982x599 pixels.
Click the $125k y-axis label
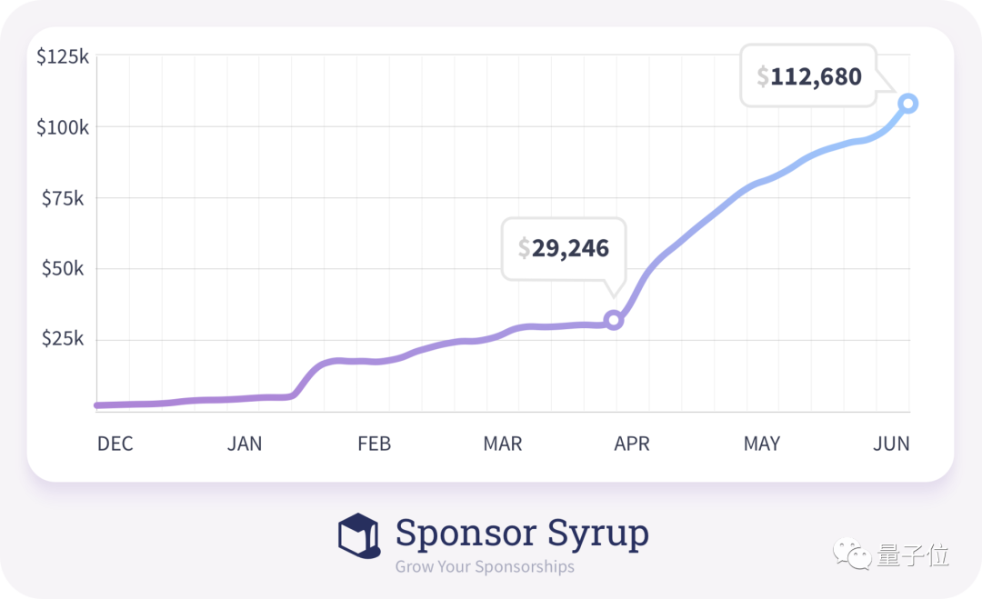click(x=62, y=57)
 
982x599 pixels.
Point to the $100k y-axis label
click(x=62, y=127)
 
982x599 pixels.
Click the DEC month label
click(x=115, y=444)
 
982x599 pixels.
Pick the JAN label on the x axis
click(x=244, y=444)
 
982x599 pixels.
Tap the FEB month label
click(x=374, y=444)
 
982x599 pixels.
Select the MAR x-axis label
click(x=503, y=444)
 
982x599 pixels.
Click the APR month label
click(x=632, y=444)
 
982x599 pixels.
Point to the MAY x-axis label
click(x=762, y=444)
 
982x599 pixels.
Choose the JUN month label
click(x=891, y=444)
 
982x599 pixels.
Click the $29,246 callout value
click(x=564, y=248)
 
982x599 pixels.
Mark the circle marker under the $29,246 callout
click(x=614, y=320)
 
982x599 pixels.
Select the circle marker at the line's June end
click(x=907, y=104)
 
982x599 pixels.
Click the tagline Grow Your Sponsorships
click(x=485, y=567)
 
